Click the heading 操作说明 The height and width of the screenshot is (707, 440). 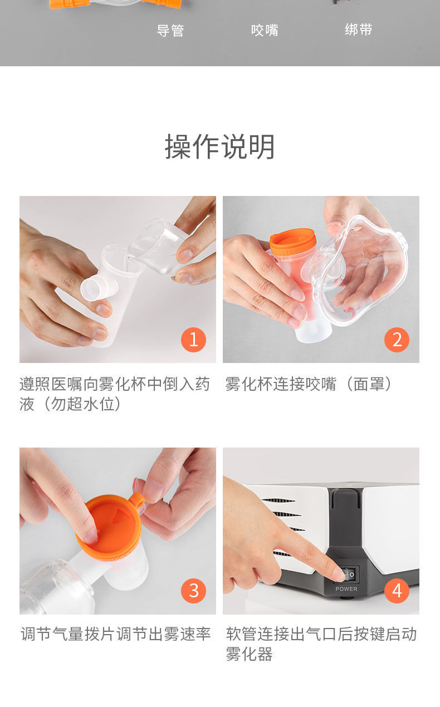tap(219, 147)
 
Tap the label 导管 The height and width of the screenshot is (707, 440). tap(170, 31)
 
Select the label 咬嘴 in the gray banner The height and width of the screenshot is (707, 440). tap(265, 30)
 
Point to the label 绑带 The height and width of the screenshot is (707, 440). tap(359, 30)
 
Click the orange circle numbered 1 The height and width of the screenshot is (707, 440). tap(193, 340)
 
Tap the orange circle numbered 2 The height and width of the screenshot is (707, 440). tap(397, 340)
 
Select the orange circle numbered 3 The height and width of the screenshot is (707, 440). tap(193, 591)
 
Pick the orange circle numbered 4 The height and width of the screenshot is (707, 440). tap(397, 591)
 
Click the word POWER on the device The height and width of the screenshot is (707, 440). tap(346, 589)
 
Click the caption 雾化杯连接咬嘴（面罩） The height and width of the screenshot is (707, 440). tap(309, 384)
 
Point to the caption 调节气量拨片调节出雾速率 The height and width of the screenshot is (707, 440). tap(116, 634)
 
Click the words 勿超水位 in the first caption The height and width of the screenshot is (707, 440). tap(84, 404)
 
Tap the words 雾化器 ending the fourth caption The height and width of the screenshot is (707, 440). tap(249, 654)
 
